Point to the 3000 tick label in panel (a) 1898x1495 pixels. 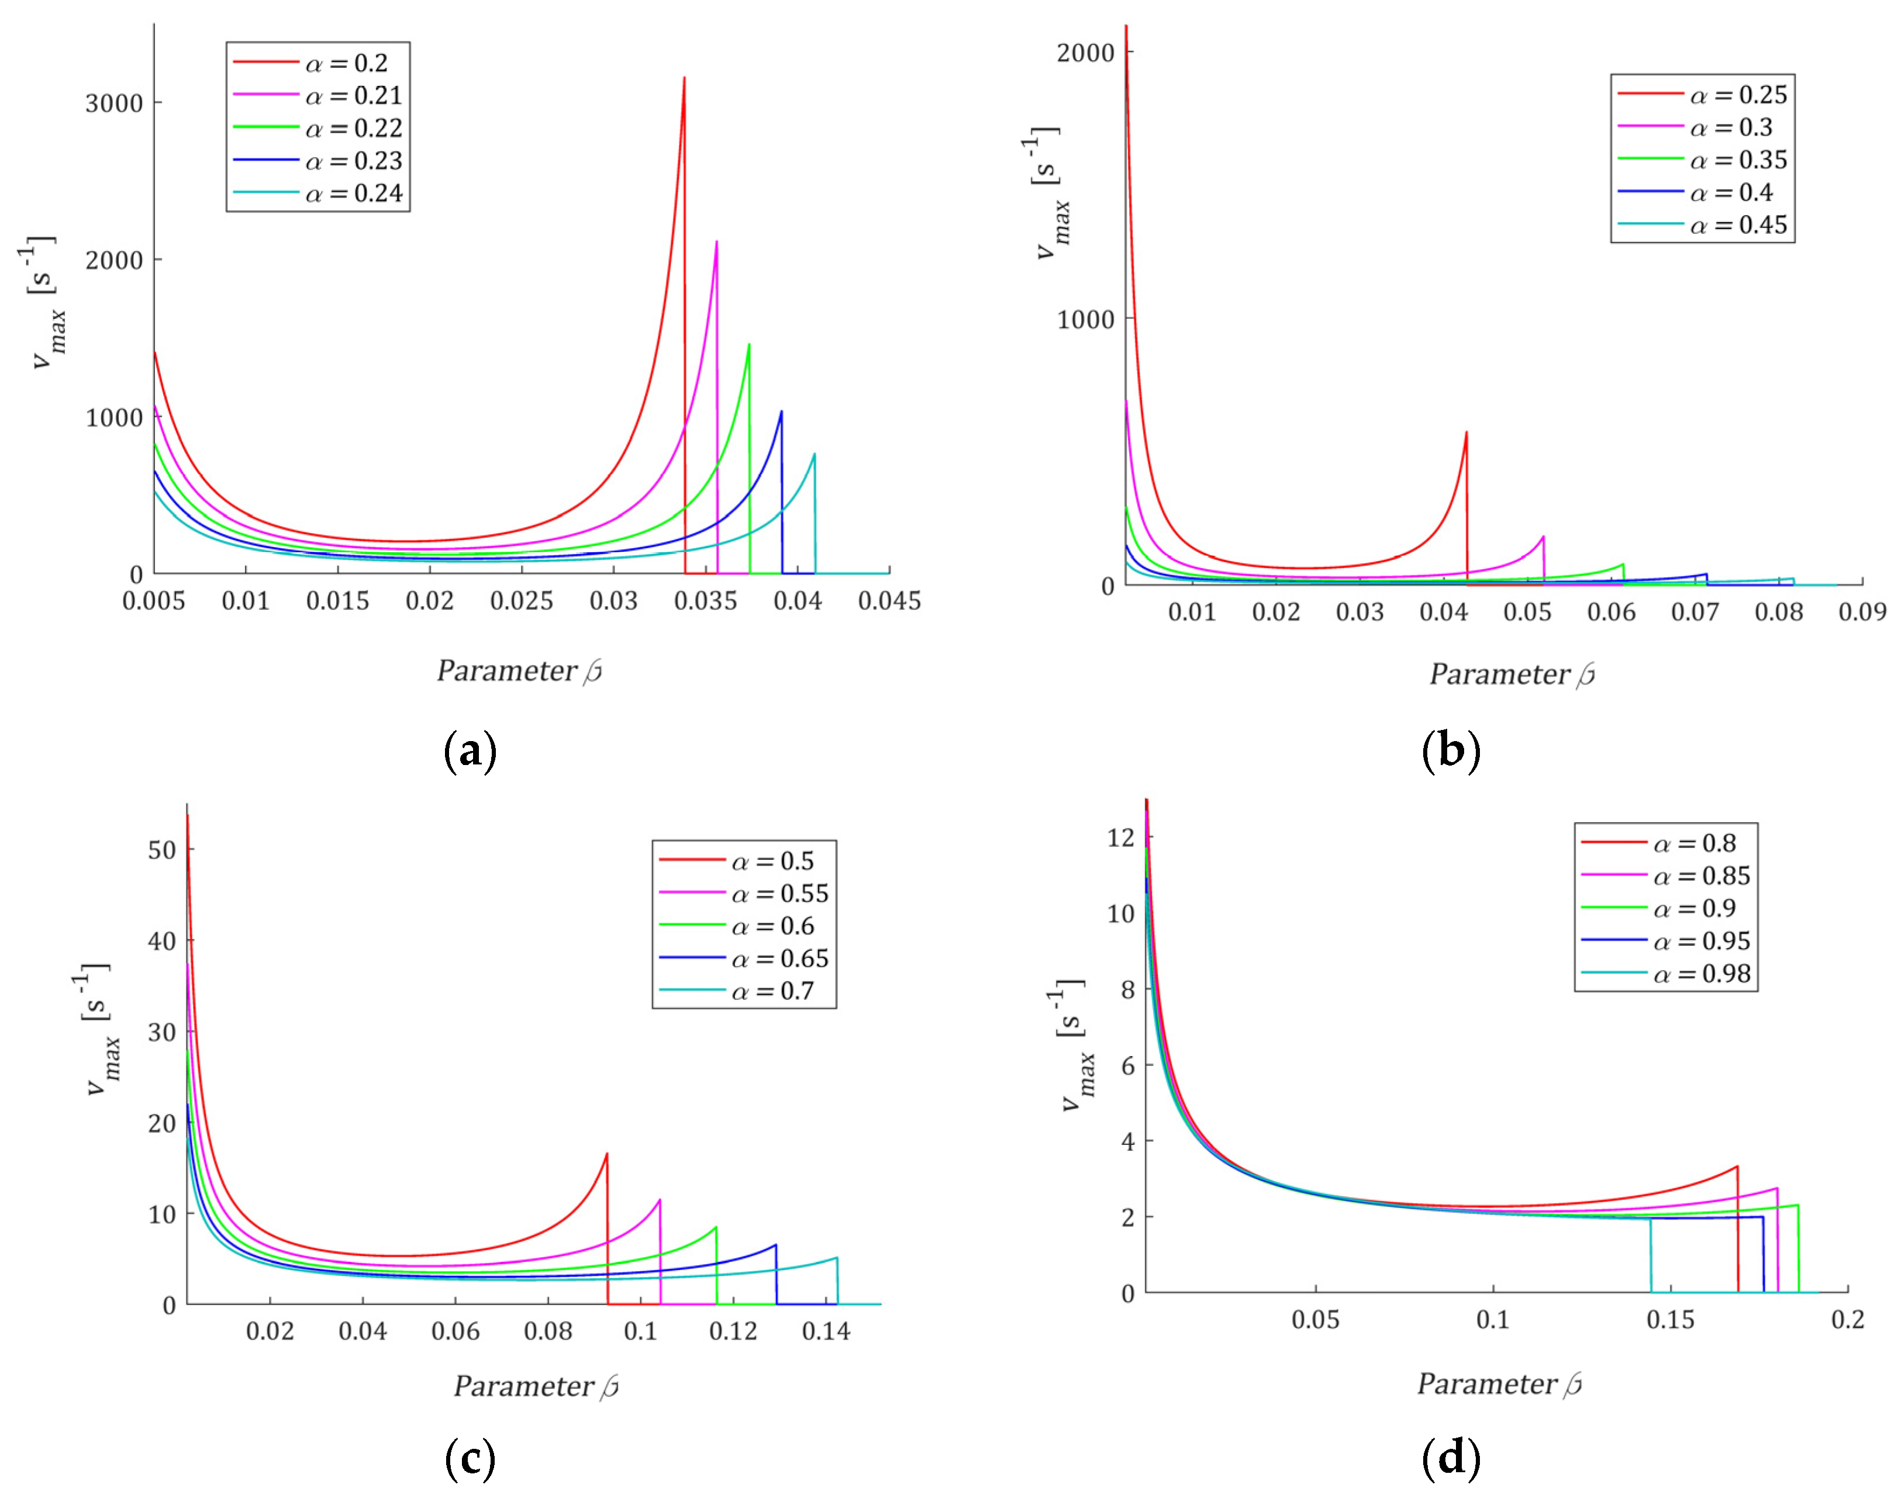click(114, 103)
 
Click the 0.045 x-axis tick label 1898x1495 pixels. click(889, 601)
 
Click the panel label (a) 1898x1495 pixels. click(470, 751)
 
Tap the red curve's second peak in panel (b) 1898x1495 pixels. click(1466, 432)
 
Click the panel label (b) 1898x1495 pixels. click(1451, 751)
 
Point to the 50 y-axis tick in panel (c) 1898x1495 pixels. click(162, 850)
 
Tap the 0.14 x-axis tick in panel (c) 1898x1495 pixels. click(826, 1332)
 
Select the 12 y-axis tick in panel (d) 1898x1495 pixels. click(1120, 838)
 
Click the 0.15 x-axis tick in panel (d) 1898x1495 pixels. click(1671, 1320)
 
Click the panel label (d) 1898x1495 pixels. click(1451, 1458)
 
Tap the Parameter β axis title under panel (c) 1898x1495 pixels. click(536, 1386)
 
